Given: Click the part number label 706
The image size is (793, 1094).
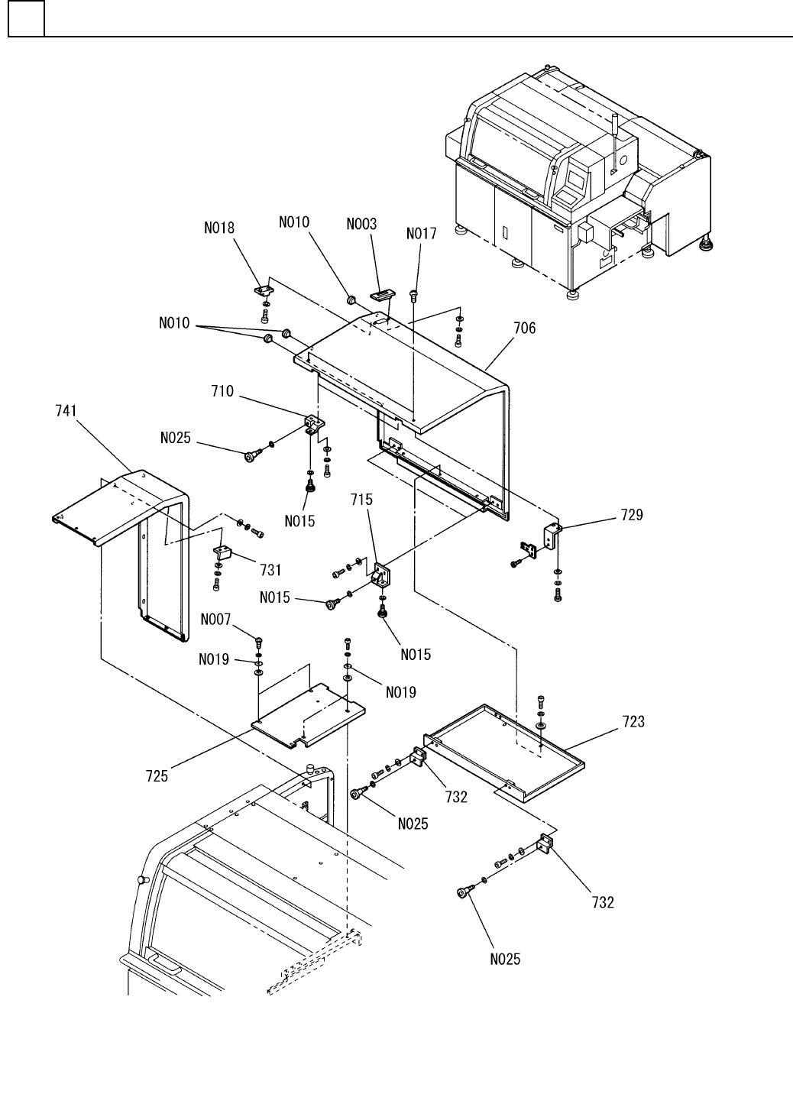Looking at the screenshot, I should (x=524, y=329).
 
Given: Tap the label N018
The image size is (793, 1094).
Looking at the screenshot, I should (x=219, y=228).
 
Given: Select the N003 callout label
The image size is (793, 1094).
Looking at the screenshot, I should (x=361, y=224).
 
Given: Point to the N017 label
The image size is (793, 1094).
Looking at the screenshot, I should (x=422, y=234).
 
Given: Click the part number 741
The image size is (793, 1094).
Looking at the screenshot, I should (x=66, y=411).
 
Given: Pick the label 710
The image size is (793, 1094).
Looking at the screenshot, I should (x=222, y=392).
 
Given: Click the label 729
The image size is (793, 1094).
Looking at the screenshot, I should (x=632, y=515).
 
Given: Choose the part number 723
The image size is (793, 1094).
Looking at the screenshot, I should (x=633, y=721).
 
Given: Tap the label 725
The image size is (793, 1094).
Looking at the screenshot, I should (x=157, y=778).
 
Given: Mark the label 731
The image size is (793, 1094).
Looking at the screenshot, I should (x=270, y=569).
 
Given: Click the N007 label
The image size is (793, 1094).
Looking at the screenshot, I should (x=216, y=619).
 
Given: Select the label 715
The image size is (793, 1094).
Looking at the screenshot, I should (x=362, y=500).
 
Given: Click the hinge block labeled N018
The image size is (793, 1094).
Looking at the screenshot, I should (x=264, y=290).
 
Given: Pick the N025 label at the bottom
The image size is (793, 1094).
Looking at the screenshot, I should (x=505, y=959).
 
